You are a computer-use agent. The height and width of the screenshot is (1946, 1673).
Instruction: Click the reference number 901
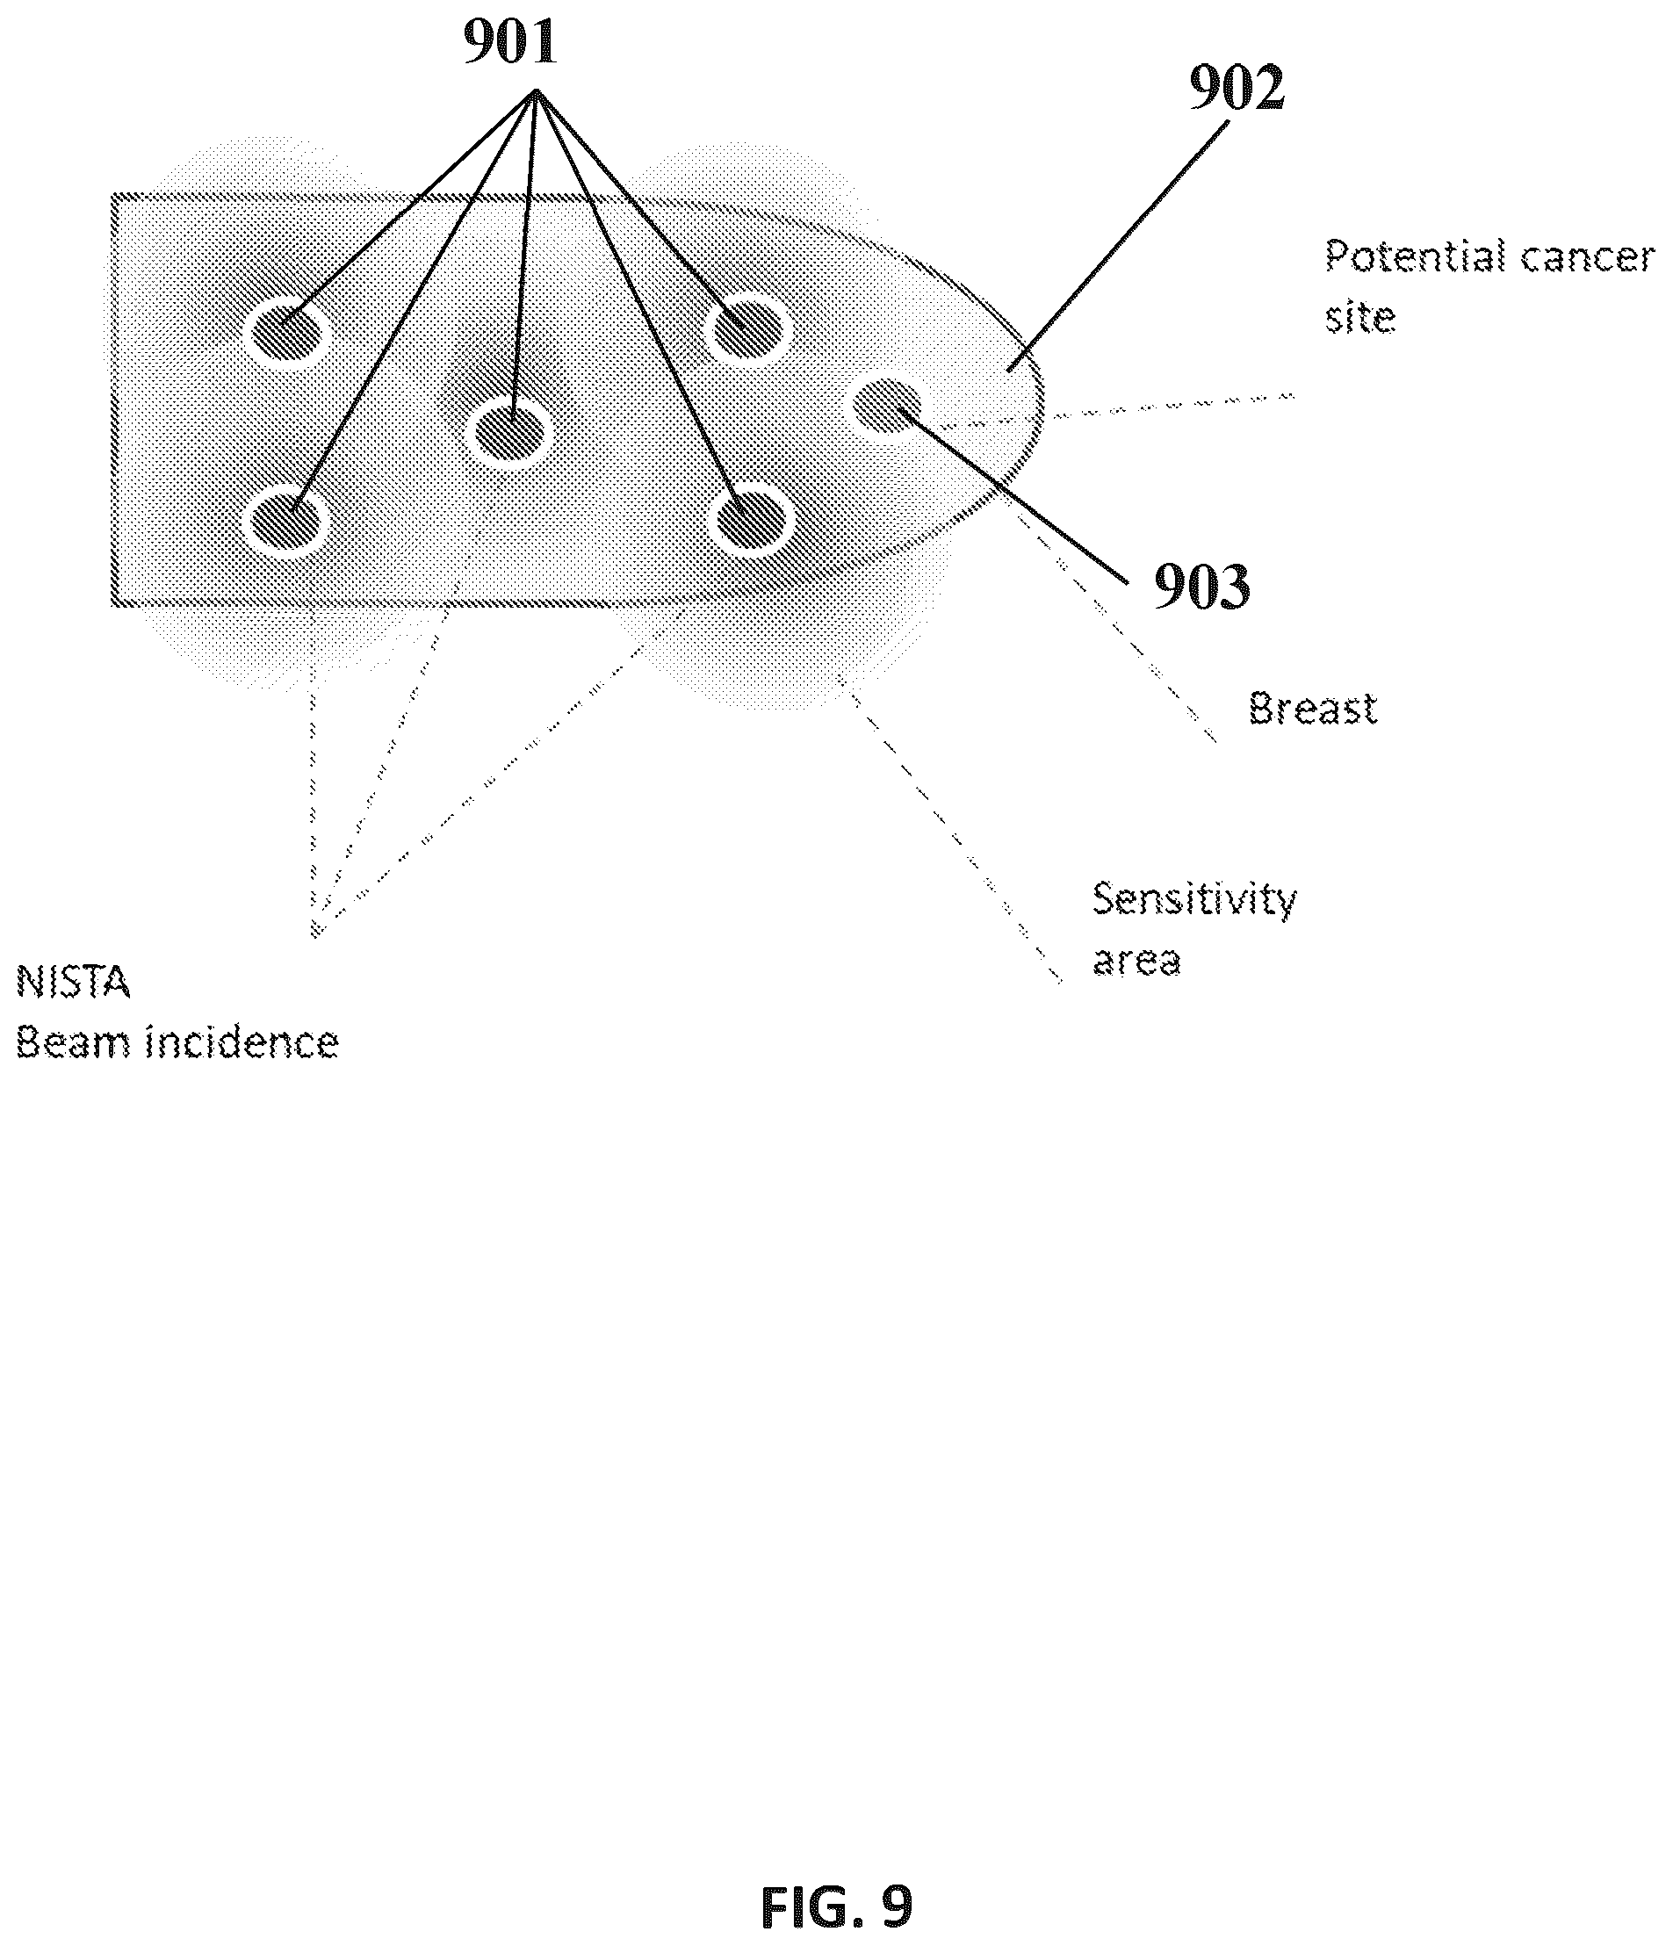click(x=510, y=42)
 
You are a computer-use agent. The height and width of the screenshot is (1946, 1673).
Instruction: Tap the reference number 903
click(x=1201, y=587)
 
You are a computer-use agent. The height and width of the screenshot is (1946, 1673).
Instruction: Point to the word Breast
click(x=1312, y=708)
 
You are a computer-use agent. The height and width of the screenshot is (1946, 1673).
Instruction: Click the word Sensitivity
click(x=1193, y=899)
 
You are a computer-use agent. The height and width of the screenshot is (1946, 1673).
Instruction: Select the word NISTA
click(x=73, y=983)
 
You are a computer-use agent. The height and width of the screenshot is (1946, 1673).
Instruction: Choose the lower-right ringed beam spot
click(x=751, y=519)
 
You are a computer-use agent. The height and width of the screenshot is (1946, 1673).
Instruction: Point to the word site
click(x=1360, y=317)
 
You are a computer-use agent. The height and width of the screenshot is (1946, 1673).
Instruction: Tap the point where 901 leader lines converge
click(x=537, y=91)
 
